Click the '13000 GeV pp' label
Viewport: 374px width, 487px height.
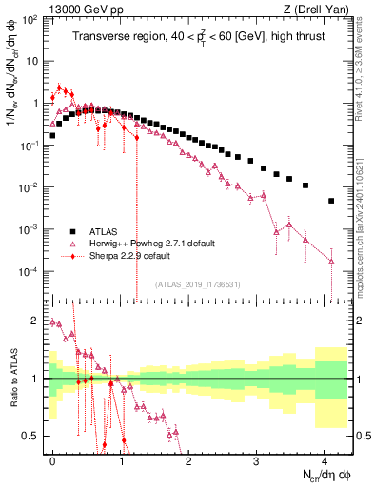pos(81,9)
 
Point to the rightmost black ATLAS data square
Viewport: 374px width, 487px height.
pos(331,201)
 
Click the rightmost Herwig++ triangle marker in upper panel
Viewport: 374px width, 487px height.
pos(331,260)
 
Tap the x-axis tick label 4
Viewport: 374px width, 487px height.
pos(325,458)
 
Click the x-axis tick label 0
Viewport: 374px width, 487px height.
pos(52,458)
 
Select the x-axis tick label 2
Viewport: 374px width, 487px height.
pos(188,458)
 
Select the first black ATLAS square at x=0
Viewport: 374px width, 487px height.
pos(52,135)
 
